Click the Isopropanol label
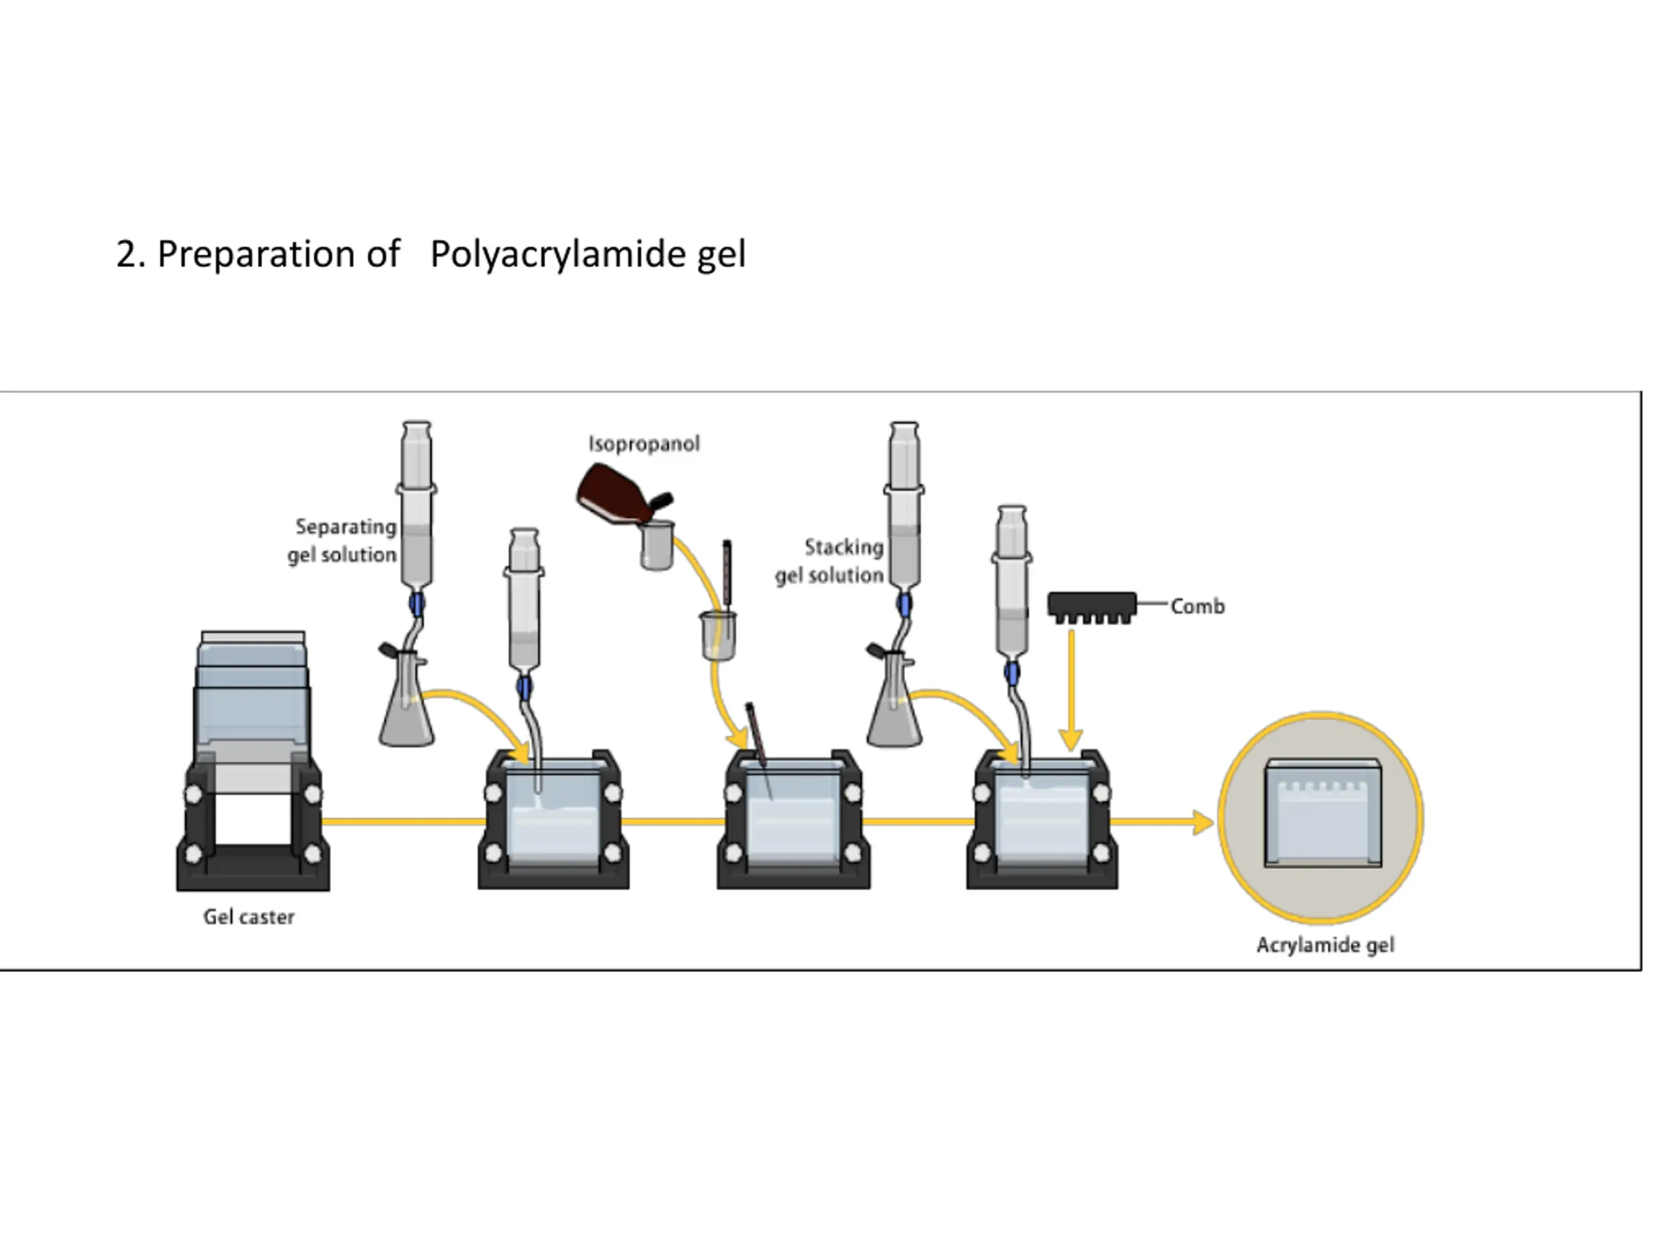click(x=644, y=444)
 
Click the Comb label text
click(x=1197, y=606)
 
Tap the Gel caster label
click(x=249, y=917)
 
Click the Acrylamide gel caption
click(x=1324, y=945)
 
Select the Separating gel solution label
click(x=344, y=540)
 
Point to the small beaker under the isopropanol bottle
click(x=656, y=545)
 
